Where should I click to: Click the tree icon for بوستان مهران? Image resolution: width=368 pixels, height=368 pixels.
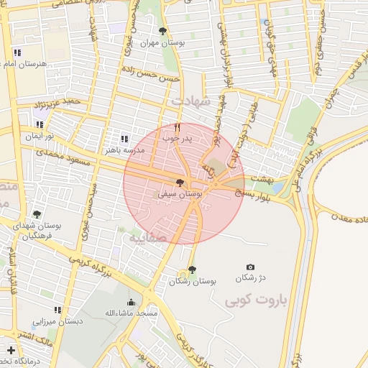pyautogui.click(x=162, y=31)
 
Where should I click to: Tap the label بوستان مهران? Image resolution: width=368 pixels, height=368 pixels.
pyautogui.click(x=163, y=42)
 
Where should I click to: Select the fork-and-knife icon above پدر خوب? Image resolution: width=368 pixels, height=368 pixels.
pyautogui.click(x=177, y=127)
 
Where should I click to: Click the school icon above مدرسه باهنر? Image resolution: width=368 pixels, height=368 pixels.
pyautogui.click(x=124, y=139)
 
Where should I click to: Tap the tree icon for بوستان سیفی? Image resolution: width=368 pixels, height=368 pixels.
pyautogui.click(x=180, y=183)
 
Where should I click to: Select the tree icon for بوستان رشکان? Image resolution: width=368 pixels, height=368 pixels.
pyautogui.click(x=191, y=270)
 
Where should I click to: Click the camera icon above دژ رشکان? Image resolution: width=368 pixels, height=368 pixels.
pyautogui.click(x=250, y=267)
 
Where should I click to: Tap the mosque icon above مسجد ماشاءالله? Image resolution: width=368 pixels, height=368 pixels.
pyautogui.click(x=131, y=303)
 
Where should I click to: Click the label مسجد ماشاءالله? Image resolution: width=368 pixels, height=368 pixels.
pyautogui.click(x=131, y=314)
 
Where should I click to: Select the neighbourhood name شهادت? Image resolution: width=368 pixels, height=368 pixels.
pyautogui.click(x=208, y=101)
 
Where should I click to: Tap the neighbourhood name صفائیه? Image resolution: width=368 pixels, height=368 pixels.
pyautogui.click(x=148, y=236)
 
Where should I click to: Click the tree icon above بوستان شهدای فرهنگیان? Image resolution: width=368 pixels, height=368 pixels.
pyautogui.click(x=37, y=213)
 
